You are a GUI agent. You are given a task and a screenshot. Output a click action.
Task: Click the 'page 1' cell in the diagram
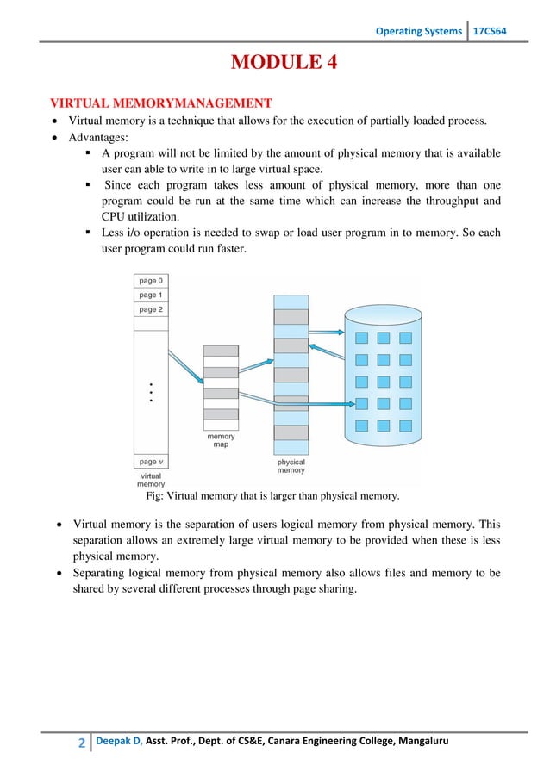(x=150, y=294)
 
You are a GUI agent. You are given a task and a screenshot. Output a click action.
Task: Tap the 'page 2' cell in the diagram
(x=150, y=308)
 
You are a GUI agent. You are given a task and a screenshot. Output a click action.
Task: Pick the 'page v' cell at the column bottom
(x=150, y=461)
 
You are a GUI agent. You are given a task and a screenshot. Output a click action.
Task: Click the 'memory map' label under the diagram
(x=221, y=440)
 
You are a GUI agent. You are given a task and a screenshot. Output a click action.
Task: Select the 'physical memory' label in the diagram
(x=291, y=466)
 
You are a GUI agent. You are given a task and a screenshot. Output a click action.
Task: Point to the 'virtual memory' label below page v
(x=150, y=480)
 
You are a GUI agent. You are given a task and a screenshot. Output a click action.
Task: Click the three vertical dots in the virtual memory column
(x=150, y=392)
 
